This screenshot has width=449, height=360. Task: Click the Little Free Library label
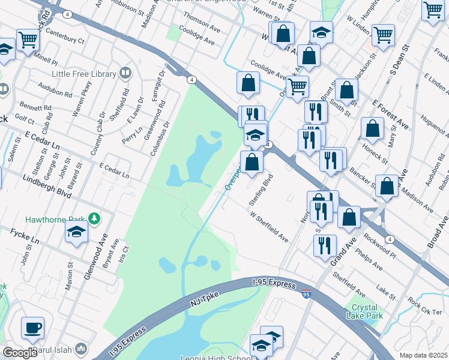[85, 74]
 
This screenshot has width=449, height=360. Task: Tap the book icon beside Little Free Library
[125, 74]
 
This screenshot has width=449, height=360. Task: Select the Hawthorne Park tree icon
[93, 217]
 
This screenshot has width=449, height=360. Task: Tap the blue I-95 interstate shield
[306, 294]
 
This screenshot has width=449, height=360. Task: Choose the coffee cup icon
[32, 328]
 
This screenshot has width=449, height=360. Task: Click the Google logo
[20, 352]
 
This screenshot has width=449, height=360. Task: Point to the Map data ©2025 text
[424, 355]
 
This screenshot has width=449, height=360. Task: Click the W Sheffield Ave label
[269, 226]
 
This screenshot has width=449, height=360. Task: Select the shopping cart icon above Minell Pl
[28, 40]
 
